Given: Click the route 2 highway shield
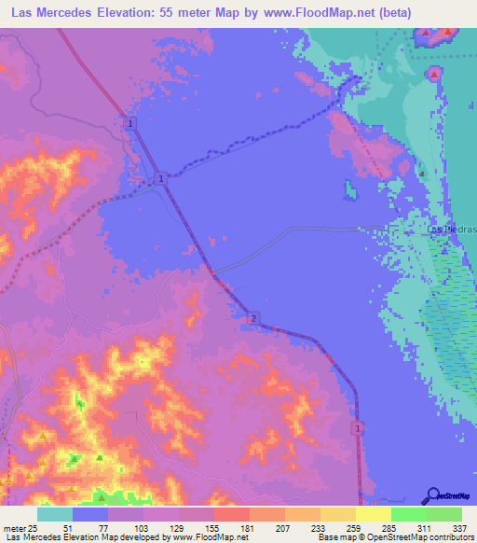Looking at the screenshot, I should tap(253, 319).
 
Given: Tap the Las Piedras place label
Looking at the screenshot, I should tap(446, 230).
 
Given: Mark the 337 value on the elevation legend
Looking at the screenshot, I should tap(460, 528).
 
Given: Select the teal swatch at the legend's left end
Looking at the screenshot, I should tap(55, 514).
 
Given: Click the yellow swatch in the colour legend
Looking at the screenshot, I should tap(373, 514).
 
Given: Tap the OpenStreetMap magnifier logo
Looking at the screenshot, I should tap(433, 494).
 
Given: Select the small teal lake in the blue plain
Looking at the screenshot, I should tap(350, 189).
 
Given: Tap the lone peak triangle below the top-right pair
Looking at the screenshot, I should tap(434, 72).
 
